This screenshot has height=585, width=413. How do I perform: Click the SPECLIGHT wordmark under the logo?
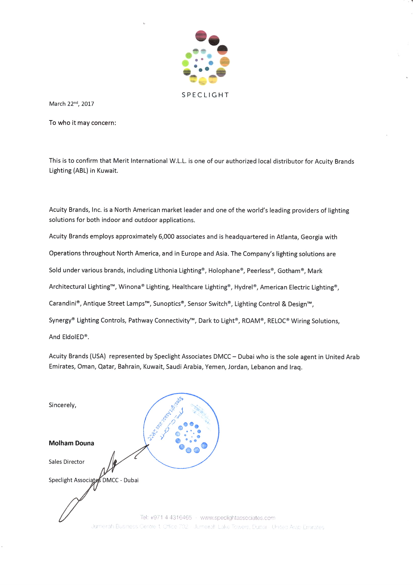tap(205, 95)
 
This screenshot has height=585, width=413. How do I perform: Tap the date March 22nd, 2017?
tap(71, 104)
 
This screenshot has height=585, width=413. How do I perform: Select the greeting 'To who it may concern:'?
tap(82, 123)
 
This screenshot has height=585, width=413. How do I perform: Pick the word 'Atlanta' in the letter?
tap(287, 237)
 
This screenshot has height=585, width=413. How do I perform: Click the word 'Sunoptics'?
tap(167, 304)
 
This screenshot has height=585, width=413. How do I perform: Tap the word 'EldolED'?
tap(73, 337)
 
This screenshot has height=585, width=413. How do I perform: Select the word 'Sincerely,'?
tap(62, 405)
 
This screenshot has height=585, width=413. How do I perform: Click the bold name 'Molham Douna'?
tap(71, 443)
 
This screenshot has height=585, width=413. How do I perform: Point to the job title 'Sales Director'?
tap(66, 462)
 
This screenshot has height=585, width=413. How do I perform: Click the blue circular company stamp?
tap(181, 431)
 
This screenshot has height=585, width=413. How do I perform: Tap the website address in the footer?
tap(238, 518)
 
